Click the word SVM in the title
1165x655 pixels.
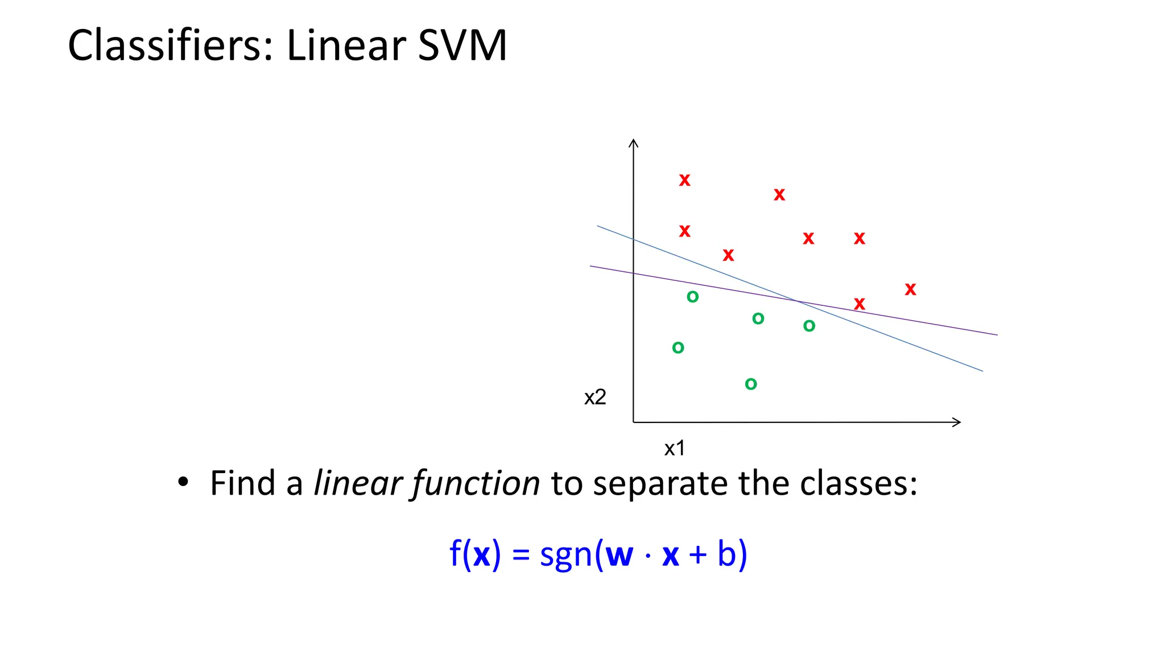click(x=461, y=45)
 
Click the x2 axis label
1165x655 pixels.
click(x=595, y=397)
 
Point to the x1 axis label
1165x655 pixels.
click(x=675, y=449)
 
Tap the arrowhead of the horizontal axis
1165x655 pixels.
click(x=957, y=422)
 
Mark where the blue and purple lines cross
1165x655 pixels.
click(x=796, y=301)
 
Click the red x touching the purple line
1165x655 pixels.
click(x=860, y=304)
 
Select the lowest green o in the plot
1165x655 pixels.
click(x=751, y=384)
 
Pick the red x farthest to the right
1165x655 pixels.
click(x=910, y=289)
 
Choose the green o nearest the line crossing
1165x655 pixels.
click(x=809, y=326)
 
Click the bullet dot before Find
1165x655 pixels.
click(x=183, y=482)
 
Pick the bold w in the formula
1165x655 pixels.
click(x=619, y=555)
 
